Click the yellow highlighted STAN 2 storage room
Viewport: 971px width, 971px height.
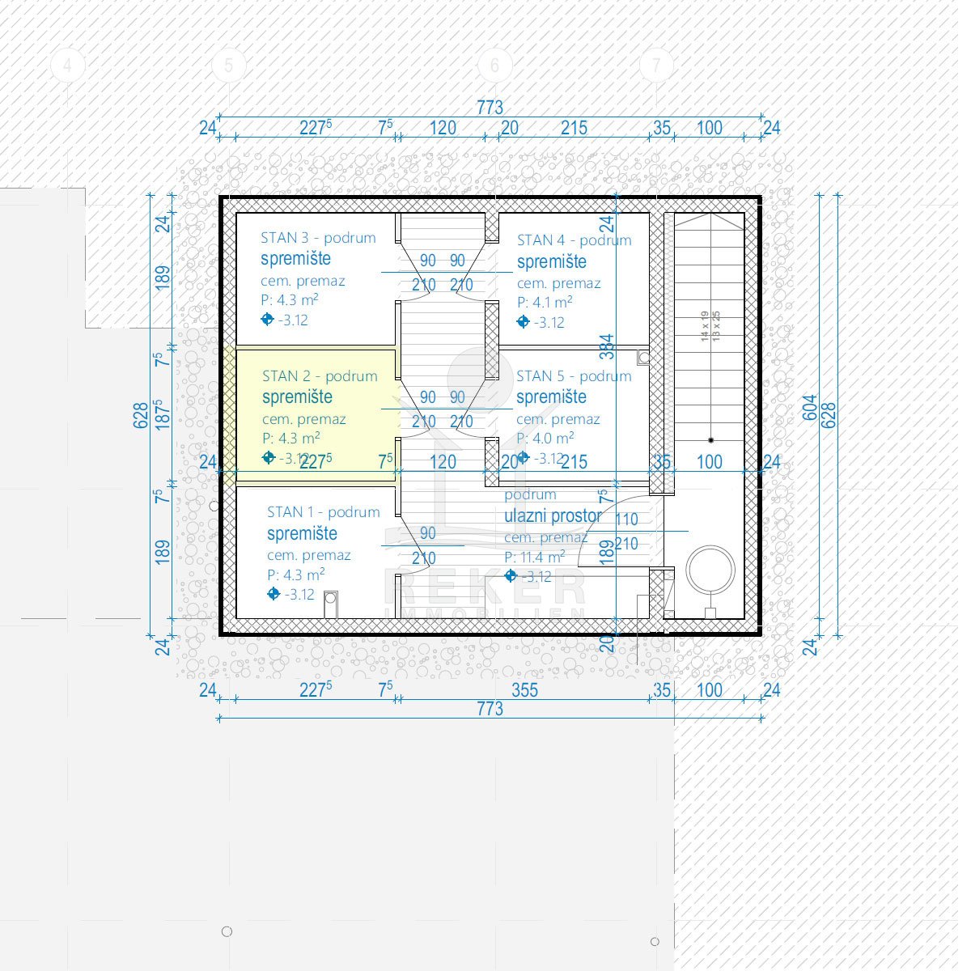[316, 413]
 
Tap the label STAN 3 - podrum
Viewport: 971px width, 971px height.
[318, 238]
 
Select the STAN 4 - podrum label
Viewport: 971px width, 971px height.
[574, 240]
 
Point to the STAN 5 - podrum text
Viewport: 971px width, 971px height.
[573, 376]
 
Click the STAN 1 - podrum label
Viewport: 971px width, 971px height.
[323, 512]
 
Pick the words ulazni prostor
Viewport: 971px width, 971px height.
[553, 515]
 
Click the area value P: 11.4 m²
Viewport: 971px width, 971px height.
[534, 558]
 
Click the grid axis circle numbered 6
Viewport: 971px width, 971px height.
[495, 65]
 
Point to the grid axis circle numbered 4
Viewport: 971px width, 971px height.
[68, 65]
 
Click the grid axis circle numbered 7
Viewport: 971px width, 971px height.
[656, 65]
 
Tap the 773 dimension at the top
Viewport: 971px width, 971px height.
[490, 107]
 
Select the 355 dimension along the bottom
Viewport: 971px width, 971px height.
[524, 690]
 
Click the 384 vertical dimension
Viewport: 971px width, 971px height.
[607, 346]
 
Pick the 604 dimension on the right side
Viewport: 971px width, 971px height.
[810, 408]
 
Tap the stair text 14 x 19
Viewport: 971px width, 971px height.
[705, 325]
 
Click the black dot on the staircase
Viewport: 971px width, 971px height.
[710, 440]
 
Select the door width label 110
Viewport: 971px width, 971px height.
[626, 519]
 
